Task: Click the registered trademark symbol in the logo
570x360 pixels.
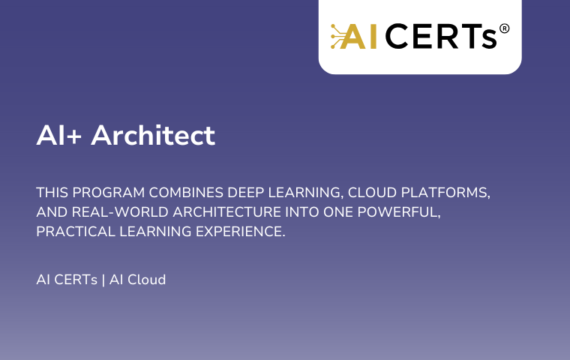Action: [504, 28]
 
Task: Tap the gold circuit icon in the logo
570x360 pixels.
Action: [337, 36]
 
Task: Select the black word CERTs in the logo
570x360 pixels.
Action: [440, 36]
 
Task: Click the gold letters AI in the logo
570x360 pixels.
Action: [358, 36]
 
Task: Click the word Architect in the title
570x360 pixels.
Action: [153, 135]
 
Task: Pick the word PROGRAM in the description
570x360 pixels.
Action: [109, 192]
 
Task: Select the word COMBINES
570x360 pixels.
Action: [186, 192]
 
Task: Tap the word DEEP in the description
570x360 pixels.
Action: [246, 192]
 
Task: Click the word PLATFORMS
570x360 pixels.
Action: [445, 193]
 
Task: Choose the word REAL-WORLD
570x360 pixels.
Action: [120, 212]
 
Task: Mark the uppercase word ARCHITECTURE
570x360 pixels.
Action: [227, 212]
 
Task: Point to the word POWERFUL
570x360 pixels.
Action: [399, 212]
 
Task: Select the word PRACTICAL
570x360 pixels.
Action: [76, 232]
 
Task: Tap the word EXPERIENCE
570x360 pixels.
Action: [241, 232]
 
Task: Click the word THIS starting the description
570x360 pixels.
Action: [52, 192]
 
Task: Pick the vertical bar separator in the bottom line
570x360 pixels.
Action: [103, 280]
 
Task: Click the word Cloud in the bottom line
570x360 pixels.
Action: [147, 280]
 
